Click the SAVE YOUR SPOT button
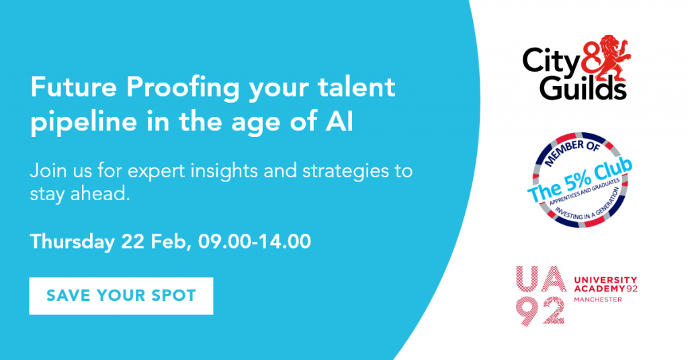click(121, 296)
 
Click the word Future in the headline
click(74, 87)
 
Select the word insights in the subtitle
click(224, 171)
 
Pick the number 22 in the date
click(133, 242)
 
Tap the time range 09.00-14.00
click(255, 242)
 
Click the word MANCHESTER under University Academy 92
click(597, 300)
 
